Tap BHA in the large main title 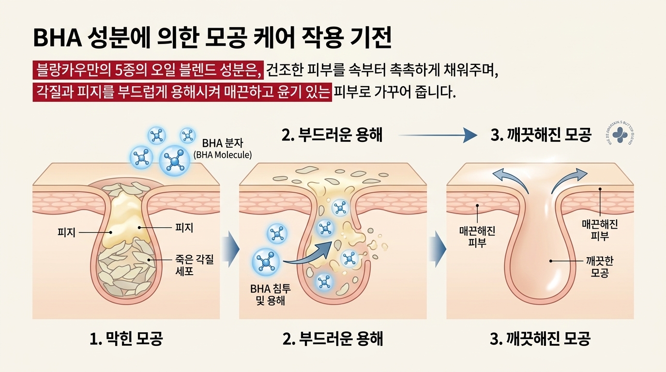pyautogui.click(x=57, y=38)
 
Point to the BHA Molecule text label pyautogui.click(x=223, y=155)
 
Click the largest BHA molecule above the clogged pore pyautogui.click(x=174, y=158)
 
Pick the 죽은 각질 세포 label pyautogui.click(x=194, y=266)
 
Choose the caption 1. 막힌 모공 pyautogui.click(x=126, y=339)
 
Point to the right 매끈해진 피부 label pyautogui.click(x=600, y=230)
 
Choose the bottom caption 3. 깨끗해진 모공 pyautogui.click(x=540, y=339)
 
